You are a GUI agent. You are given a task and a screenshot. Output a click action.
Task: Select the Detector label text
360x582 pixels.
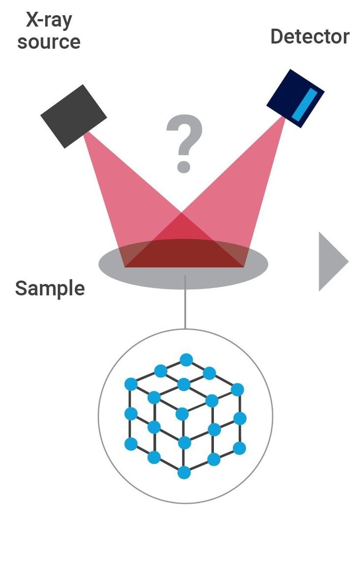click(310, 36)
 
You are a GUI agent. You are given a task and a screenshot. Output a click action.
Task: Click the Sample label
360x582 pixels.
click(50, 288)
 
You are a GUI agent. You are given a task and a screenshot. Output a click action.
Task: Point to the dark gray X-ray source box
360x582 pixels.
click(73, 116)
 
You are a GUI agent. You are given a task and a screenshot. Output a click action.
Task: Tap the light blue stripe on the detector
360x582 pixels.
click(301, 104)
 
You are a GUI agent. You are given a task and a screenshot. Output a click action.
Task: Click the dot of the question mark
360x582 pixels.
click(183, 166)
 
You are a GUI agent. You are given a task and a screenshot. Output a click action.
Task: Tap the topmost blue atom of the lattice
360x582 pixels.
click(186, 360)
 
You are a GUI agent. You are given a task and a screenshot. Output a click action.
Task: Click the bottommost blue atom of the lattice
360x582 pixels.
click(184, 472)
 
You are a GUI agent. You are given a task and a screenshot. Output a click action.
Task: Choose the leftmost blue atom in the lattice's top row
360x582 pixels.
click(130, 384)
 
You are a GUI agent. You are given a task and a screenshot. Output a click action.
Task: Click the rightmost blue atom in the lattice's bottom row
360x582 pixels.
click(240, 448)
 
